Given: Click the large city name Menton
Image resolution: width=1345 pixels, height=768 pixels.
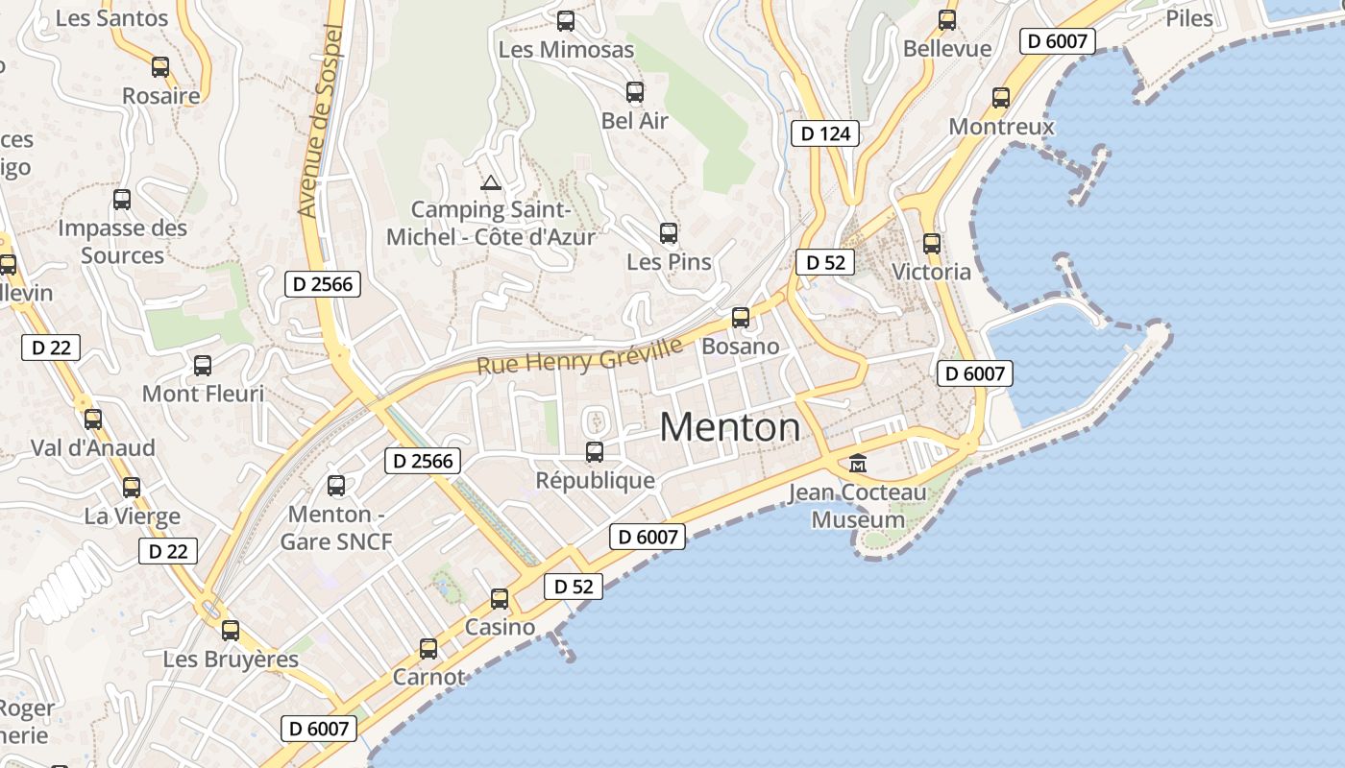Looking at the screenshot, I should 730,427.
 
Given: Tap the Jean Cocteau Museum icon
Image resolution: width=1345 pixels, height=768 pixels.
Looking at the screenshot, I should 858,464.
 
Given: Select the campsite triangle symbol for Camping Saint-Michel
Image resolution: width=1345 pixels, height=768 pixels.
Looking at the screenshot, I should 491,182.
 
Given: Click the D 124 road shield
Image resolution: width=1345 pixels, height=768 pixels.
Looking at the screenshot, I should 825,133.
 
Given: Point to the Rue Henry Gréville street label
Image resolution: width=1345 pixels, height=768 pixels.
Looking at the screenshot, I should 579,355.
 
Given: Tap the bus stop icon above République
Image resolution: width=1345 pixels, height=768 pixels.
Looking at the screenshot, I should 595,451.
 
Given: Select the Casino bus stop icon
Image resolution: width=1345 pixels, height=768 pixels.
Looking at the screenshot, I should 500,599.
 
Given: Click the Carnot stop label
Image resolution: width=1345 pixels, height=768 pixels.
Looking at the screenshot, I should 428,677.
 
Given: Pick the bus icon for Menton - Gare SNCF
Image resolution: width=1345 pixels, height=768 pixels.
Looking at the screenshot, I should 336,486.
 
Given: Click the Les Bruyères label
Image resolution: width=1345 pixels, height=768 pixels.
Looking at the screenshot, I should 231,660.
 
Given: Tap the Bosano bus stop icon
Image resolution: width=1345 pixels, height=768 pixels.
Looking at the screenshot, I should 741,318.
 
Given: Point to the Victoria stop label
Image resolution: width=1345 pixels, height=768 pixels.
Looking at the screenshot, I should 931,272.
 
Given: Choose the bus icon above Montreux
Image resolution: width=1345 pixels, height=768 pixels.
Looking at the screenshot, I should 1001,98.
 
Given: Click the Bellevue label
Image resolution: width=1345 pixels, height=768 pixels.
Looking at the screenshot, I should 947,48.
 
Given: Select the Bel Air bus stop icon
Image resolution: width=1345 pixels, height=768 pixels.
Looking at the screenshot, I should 635,92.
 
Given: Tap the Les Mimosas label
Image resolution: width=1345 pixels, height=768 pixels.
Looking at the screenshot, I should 566,49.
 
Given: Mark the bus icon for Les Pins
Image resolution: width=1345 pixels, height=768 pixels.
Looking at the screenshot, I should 669,233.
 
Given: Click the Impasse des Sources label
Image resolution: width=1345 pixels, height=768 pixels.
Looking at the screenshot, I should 122,242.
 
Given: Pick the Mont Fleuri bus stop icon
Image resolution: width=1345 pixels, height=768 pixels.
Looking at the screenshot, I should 203,366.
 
